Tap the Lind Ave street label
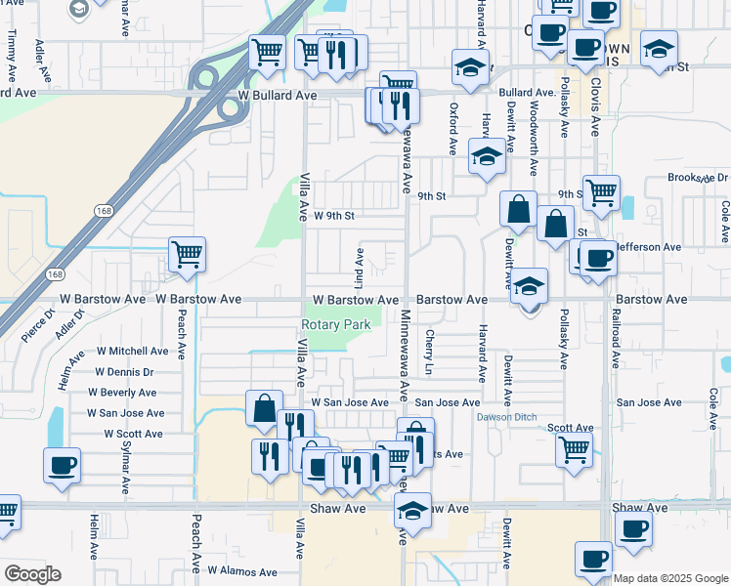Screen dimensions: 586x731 point(360,262)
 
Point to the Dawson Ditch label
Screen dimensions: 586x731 point(506,418)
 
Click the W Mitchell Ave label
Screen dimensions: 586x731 point(132,351)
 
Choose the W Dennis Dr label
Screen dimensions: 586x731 point(124,372)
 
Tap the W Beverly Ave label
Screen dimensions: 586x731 point(122,393)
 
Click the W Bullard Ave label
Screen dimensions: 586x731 point(278,97)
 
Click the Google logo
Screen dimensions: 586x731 point(32,574)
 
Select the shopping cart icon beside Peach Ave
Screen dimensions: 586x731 point(187,254)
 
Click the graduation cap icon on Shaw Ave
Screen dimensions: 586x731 point(412,511)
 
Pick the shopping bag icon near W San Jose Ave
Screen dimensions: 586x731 point(264,408)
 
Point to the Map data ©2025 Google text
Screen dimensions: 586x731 point(670,578)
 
